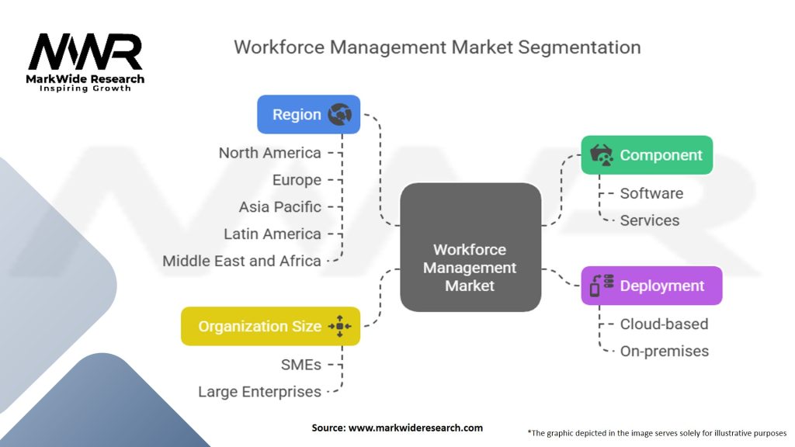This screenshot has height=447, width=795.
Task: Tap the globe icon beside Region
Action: click(339, 115)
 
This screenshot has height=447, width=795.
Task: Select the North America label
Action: click(269, 153)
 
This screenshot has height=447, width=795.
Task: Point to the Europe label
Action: click(297, 180)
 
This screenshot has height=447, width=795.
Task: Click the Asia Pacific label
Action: click(279, 207)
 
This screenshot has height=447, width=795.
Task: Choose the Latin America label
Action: click(272, 234)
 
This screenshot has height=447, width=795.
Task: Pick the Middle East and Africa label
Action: click(241, 261)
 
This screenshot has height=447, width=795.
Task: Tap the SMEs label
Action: click(300, 364)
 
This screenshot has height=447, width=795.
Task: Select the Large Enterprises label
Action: click(259, 391)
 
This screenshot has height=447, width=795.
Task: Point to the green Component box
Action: click(647, 155)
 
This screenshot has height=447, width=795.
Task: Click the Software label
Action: click(651, 193)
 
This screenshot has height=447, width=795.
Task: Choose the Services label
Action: click(649, 220)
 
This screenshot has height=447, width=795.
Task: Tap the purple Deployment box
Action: click(651, 286)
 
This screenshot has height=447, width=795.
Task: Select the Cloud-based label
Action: click(664, 324)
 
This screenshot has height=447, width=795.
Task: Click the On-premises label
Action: click(664, 351)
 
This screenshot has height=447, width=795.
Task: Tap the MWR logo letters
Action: click(85, 53)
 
